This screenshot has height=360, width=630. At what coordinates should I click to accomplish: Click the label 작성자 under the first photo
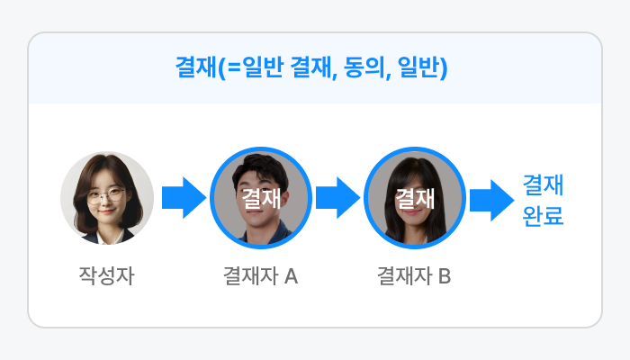click(106, 275)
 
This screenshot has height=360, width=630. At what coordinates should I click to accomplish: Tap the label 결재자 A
click(260, 275)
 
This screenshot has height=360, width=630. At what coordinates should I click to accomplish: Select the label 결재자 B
click(414, 275)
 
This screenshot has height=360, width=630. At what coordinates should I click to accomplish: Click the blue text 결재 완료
click(543, 201)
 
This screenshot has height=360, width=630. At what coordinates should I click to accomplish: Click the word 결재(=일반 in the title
click(229, 68)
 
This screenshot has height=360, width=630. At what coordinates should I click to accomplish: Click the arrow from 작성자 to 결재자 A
click(184, 198)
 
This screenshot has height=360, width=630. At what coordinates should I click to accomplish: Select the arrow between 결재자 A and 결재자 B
click(337, 198)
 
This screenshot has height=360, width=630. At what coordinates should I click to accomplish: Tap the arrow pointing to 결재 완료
click(491, 199)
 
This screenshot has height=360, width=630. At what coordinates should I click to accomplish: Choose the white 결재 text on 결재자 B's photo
click(415, 197)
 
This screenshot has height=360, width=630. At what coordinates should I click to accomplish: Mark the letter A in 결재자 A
click(291, 275)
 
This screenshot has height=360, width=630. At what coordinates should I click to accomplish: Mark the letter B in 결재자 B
click(445, 275)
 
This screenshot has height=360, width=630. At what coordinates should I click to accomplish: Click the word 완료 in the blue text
click(543, 216)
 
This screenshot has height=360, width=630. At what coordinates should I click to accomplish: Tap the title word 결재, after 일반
click(311, 68)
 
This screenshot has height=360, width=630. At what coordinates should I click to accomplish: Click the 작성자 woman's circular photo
click(107, 198)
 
